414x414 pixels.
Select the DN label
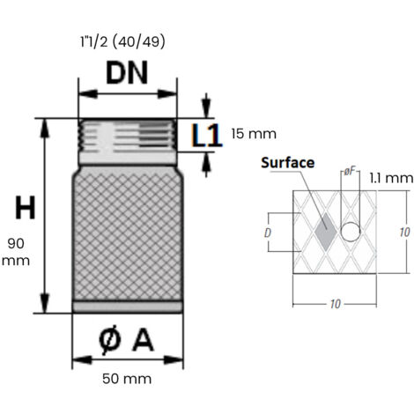click(x=129, y=73)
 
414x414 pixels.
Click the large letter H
click(x=25, y=209)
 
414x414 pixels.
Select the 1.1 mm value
click(x=390, y=178)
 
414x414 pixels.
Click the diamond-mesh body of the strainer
click(x=129, y=233)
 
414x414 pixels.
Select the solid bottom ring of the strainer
click(x=129, y=307)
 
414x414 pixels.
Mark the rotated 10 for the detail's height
click(x=403, y=233)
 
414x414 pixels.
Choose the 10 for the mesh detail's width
click(x=336, y=304)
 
